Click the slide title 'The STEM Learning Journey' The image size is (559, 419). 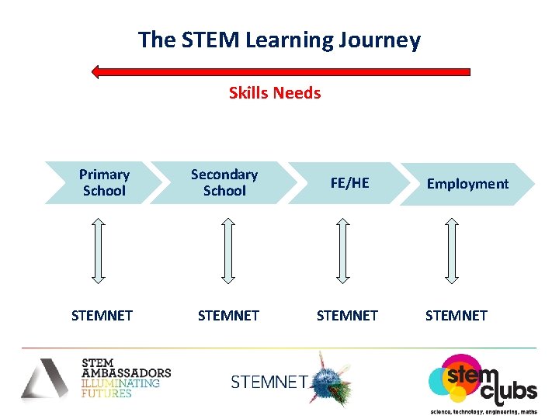(279, 40)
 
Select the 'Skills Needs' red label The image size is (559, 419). (274, 93)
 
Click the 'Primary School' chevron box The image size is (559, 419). (104, 183)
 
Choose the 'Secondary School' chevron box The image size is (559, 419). (224, 183)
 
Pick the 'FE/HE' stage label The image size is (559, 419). (349, 183)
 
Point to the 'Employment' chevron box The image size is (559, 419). (467, 184)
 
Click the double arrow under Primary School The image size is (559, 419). (98, 249)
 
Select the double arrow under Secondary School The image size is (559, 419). (227, 249)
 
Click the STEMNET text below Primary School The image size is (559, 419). (102, 316)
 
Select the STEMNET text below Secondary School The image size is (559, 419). (228, 316)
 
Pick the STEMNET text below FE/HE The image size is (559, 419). (347, 316)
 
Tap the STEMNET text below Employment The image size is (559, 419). (457, 316)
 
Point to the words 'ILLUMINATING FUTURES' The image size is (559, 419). (120, 388)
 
